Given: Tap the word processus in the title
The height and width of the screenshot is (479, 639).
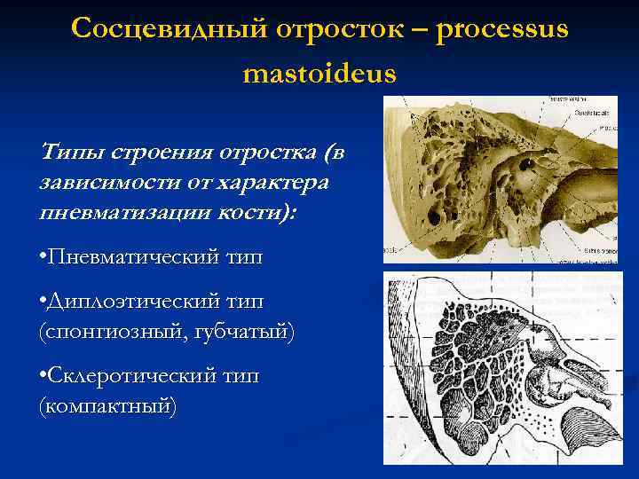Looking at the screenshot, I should point(503,30).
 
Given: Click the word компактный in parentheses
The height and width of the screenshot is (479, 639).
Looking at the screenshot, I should point(108,406).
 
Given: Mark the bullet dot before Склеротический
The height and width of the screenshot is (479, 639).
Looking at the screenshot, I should point(44,377).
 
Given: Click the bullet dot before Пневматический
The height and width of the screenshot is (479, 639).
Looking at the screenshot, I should point(44,257).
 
